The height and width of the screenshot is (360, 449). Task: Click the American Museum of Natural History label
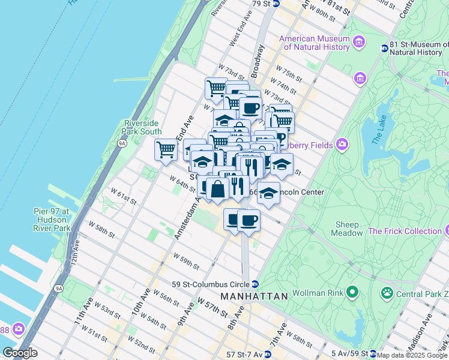(315, 43)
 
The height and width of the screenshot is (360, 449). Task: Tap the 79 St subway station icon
(276, 4)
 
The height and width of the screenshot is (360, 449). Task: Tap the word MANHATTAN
(254, 296)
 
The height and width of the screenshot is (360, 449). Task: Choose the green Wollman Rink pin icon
(352, 293)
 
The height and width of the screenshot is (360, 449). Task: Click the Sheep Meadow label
(348, 229)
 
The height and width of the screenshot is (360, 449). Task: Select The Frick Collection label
(405, 231)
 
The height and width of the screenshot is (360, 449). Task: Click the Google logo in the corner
(20, 353)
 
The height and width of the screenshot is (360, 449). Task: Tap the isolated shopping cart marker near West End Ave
(166, 149)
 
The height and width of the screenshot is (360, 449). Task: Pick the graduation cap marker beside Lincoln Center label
(269, 193)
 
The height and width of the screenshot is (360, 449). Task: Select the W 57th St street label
(210, 306)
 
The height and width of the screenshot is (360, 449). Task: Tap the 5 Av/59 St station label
(349, 354)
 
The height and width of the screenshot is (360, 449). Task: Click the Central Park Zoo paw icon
(387, 293)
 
